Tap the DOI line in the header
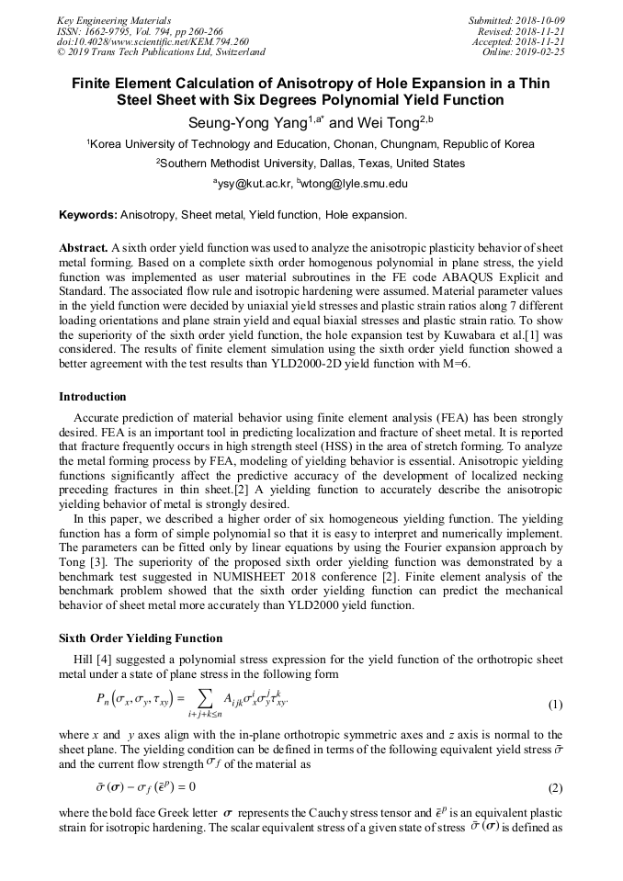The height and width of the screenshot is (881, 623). [x=153, y=41]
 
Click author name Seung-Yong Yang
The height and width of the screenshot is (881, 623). [x=242, y=122]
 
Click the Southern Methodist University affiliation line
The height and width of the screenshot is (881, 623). [x=311, y=164]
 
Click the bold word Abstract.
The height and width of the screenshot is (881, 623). [x=83, y=249]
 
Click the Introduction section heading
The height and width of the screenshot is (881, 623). [x=92, y=397]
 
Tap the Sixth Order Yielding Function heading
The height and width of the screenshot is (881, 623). [x=141, y=638]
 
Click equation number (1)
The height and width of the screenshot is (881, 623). [x=554, y=706]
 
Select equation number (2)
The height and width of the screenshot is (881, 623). [x=554, y=788]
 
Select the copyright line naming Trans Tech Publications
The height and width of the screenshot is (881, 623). [x=161, y=52]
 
